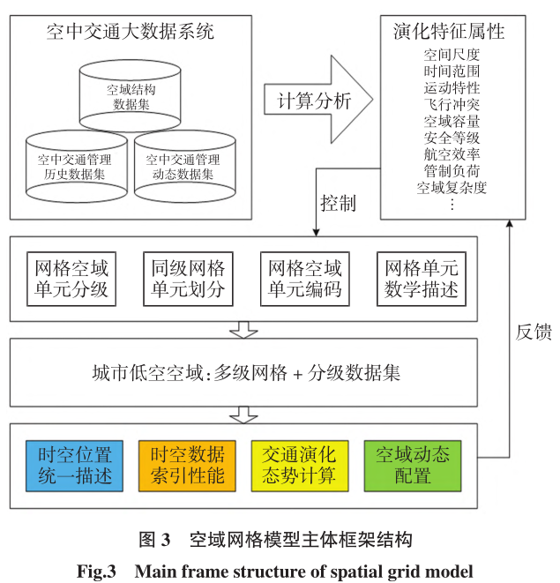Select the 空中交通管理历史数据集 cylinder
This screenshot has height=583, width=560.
point(74,168)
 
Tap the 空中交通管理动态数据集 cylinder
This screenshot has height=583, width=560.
point(183,168)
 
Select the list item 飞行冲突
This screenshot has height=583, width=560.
point(451,105)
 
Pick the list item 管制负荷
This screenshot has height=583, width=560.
point(451,169)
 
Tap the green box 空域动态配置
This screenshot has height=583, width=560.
point(413,465)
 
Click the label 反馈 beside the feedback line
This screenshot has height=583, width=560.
point(533,332)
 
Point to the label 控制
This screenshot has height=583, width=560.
point(338,204)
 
